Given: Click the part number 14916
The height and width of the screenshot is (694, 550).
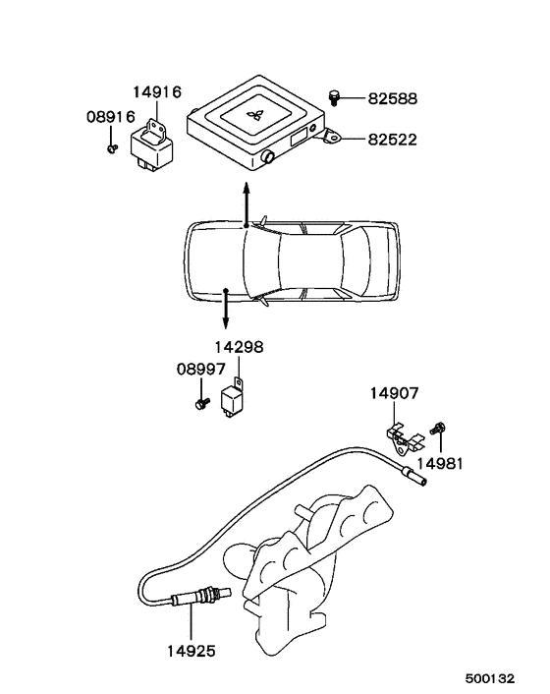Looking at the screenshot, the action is [157, 92].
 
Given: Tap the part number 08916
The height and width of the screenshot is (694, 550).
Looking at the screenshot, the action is [111, 117].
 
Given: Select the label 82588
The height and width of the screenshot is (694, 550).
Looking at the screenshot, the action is [393, 98].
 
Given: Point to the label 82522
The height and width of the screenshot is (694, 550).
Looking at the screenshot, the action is [393, 140].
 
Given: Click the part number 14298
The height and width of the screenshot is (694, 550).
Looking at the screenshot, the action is [240, 347].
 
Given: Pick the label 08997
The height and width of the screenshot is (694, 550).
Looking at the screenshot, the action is [201, 370].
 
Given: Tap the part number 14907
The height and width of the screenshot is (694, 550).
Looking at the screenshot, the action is [395, 393].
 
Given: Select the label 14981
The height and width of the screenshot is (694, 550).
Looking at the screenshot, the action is [440, 464].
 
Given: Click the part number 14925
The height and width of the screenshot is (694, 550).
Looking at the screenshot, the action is [192, 651].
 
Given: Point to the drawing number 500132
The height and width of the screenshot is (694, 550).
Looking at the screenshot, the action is [490, 678].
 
